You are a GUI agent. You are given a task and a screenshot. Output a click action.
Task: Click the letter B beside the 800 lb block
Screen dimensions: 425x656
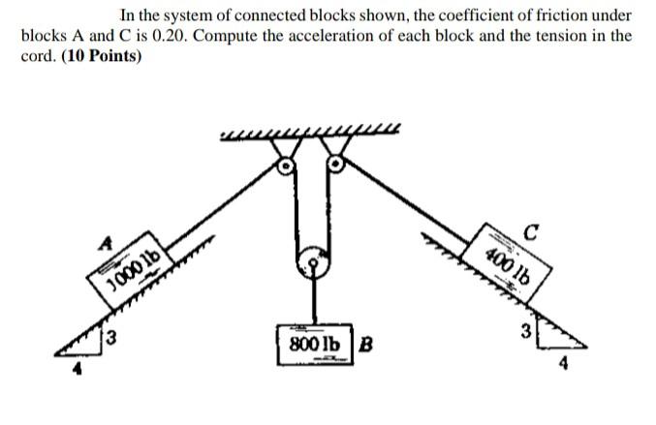point(367,344)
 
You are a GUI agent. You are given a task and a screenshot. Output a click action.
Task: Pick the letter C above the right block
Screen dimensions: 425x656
point(530,229)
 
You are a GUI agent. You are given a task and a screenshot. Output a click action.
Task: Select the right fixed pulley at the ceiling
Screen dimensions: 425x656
point(336,165)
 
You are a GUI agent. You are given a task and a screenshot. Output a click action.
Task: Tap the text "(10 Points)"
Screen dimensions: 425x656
point(102,55)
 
